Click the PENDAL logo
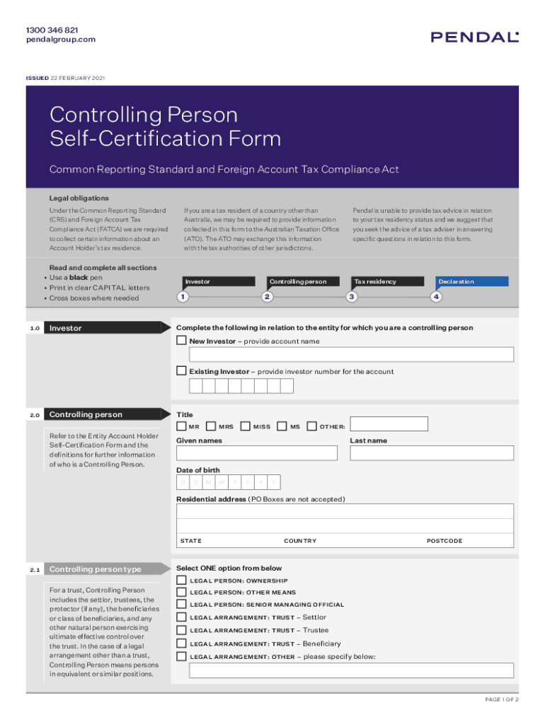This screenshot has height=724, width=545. [x=475, y=37]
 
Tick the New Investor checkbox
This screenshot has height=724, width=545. [x=182, y=341]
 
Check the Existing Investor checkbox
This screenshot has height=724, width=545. [x=182, y=371]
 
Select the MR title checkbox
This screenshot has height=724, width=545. [x=182, y=426]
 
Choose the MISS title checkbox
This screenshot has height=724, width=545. [x=246, y=426]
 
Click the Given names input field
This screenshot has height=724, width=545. [x=257, y=453]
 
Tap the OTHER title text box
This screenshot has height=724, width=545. [x=389, y=424]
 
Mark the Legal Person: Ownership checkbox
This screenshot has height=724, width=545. [x=182, y=580]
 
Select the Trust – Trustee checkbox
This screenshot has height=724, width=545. [x=182, y=630]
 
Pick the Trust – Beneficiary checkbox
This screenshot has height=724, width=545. [x=182, y=643]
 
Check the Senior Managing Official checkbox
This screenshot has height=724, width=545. [x=182, y=605]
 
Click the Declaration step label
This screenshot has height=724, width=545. [x=457, y=281]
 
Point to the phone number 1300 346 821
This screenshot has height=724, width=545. [x=52, y=30]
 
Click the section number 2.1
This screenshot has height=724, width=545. [x=35, y=569]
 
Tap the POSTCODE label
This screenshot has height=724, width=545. [x=444, y=541]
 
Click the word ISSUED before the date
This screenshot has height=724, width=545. [x=37, y=78]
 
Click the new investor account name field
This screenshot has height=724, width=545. [x=347, y=356]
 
